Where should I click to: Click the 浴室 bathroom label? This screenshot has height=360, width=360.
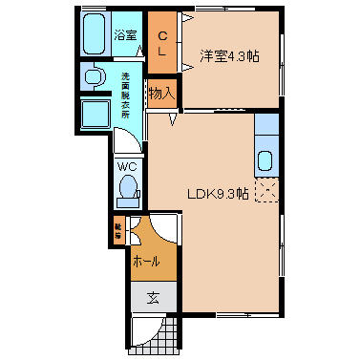[125, 35]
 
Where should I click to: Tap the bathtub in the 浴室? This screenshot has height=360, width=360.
[95, 36]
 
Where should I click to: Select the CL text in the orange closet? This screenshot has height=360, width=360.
[162, 43]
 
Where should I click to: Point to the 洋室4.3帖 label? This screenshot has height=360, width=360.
[228, 56]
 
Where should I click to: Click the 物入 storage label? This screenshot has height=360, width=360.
[162, 93]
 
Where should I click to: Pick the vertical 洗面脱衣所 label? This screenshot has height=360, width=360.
[125, 95]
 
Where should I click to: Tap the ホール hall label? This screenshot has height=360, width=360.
[146, 261]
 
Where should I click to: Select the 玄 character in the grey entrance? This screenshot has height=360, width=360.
[153, 297]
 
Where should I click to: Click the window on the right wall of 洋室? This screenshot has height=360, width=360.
[283, 68]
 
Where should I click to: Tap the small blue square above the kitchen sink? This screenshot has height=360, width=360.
[266, 124]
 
